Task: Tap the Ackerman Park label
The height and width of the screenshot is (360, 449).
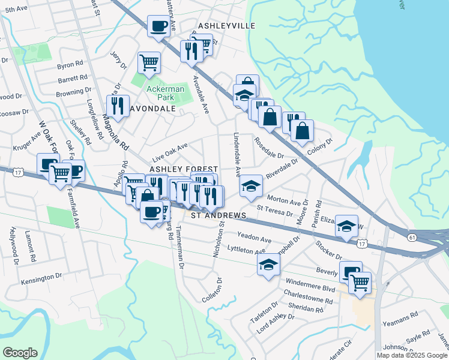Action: click(x=160, y=93)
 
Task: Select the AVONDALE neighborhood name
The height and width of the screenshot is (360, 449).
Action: click(x=151, y=109)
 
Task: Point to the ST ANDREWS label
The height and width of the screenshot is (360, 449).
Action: click(x=218, y=215)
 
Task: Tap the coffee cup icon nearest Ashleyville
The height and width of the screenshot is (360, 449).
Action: click(x=158, y=26)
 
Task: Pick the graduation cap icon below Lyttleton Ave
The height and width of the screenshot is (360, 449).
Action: click(x=268, y=264)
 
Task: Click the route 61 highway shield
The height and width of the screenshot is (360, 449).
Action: click(x=411, y=238)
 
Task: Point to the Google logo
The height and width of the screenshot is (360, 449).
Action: click(x=20, y=352)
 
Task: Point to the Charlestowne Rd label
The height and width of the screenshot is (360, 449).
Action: click(x=308, y=298)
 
